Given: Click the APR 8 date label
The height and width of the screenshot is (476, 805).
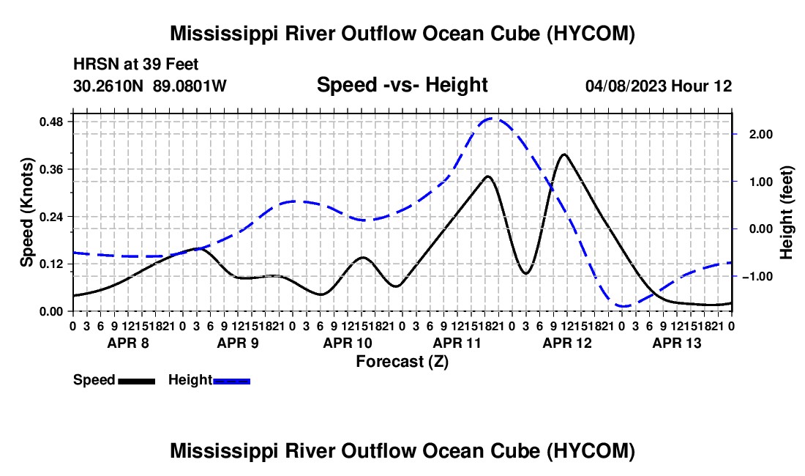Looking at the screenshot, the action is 128,343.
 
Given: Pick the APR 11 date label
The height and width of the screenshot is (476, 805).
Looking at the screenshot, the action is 457,343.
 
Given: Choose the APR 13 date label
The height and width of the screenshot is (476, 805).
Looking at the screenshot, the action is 677,343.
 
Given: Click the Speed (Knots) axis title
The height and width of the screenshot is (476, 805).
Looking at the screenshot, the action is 26,212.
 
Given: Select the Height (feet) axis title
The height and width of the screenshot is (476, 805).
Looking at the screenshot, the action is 786,212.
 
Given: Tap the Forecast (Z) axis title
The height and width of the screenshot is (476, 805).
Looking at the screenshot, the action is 402,362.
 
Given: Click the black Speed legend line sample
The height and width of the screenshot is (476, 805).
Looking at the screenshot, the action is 137,382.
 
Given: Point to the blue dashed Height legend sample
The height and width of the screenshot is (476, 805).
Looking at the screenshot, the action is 231,382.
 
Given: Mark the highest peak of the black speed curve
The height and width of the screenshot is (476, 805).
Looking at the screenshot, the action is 564,154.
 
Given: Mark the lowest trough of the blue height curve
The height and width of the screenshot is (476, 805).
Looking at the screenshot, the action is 624,307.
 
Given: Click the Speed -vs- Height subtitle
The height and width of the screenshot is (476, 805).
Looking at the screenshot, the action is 402,85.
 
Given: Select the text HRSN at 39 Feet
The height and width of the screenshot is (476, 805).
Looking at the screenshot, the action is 135,64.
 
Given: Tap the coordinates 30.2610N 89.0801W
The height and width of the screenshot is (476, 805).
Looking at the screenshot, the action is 150,86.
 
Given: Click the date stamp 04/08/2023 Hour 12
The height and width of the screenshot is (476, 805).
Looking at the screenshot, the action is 659,86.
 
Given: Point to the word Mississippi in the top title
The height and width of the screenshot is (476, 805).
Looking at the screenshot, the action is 220,34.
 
